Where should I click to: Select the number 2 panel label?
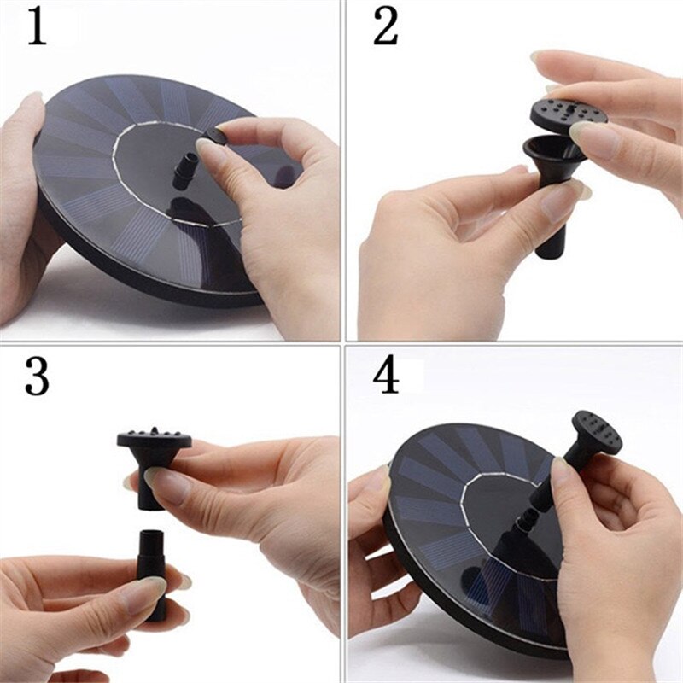(385, 27)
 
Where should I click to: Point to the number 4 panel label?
(386, 377)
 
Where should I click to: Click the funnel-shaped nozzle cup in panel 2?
(554, 154)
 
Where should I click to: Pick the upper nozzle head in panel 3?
(153, 448)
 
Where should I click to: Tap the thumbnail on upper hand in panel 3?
(166, 485)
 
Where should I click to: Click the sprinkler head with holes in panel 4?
(595, 431)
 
